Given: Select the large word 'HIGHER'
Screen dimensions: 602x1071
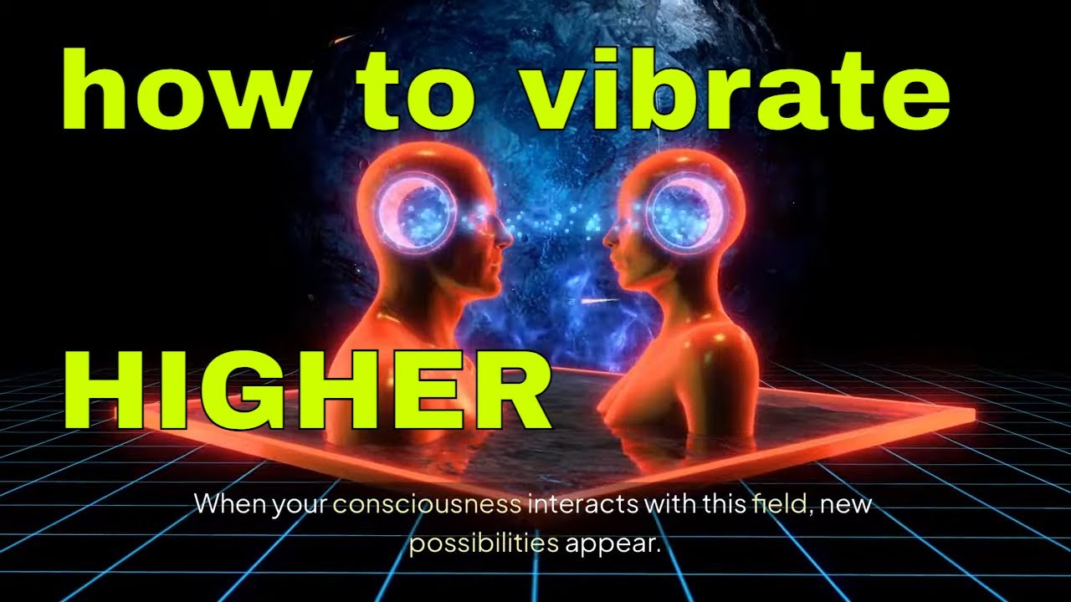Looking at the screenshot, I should (x=308, y=390).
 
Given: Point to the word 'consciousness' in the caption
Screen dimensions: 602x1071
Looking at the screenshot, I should (x=427, y=505).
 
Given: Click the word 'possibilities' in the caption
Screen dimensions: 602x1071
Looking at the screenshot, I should (x=484, y=544).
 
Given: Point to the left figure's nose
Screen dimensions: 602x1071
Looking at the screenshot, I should (x=507, y=237).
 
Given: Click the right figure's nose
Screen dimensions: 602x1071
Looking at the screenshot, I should (x=608, y=237).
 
